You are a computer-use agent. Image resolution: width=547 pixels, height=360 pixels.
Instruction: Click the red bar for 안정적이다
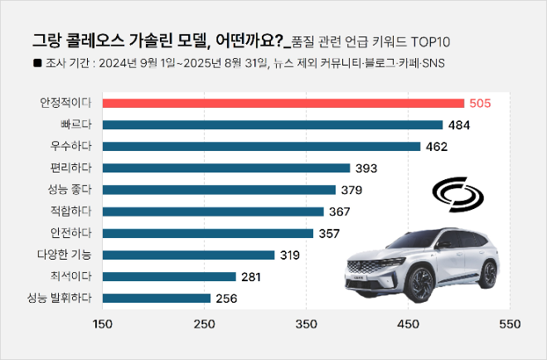(283, 103)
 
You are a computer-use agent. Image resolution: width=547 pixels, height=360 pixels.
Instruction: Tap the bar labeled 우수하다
(261, 147)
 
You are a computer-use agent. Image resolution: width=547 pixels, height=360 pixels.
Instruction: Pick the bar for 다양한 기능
(188, 255)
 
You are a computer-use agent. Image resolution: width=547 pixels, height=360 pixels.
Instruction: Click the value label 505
(481, 103)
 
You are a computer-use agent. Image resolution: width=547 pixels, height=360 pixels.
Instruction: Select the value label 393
(366, 168)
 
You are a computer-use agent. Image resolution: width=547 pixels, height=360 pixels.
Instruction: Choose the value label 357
(329, 233)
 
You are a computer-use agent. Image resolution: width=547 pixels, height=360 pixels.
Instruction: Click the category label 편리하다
(70, 168)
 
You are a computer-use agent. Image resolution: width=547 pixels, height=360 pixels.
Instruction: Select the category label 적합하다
(70, 212)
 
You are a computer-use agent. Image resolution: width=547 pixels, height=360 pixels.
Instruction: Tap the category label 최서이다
(70, 276)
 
